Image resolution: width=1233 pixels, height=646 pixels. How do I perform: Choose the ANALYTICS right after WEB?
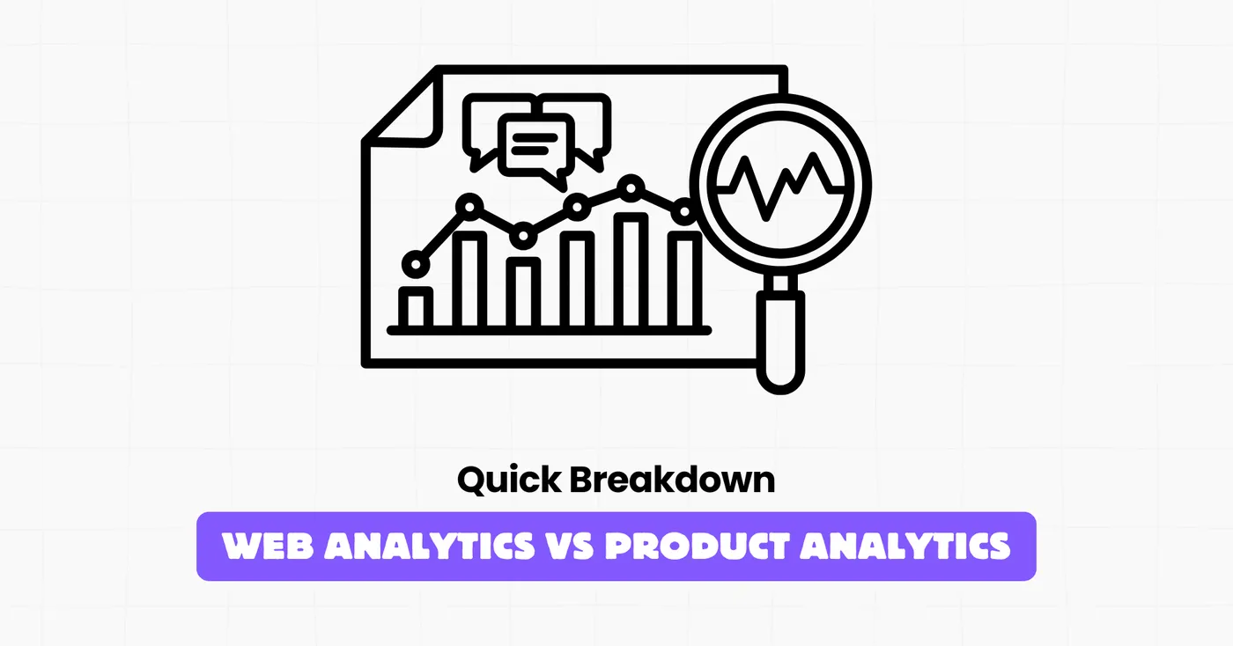(429, 547)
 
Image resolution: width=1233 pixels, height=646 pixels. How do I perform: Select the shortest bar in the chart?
(416, 307)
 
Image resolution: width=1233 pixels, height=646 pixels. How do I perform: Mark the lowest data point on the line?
(413, 263)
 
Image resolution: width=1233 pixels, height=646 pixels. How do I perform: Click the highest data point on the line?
(631, 186)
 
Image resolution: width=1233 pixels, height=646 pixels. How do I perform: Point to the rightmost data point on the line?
(683, 211)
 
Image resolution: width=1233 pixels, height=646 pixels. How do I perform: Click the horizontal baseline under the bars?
(549, 330)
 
